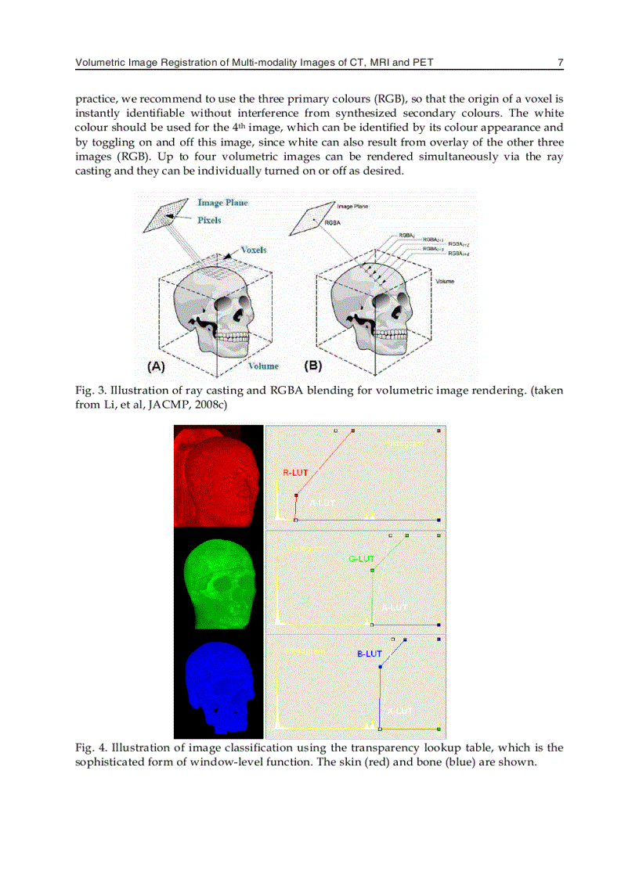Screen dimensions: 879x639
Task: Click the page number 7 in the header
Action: [561, 63]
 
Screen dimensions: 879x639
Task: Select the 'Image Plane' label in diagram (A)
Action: [222, 203]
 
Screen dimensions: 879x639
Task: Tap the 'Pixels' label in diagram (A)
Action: [209, 221]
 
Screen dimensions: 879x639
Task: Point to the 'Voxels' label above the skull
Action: [253, 250]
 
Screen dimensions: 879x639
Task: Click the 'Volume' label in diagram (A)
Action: [263, 366]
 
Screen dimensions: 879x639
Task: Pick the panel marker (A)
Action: [157, 366]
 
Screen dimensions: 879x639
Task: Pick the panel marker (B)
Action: [313, 366]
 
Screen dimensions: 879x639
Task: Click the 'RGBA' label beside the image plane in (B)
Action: [333, 222]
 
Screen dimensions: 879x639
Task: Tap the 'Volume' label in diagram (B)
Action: [445, 281]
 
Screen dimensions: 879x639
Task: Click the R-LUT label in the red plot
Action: [295, 473]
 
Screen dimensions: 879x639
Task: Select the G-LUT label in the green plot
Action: [360, 559]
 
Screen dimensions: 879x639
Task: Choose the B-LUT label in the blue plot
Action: [369, 654]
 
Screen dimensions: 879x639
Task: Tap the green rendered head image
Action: [219, 580]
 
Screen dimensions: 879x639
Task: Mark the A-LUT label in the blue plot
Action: [399, 711]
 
